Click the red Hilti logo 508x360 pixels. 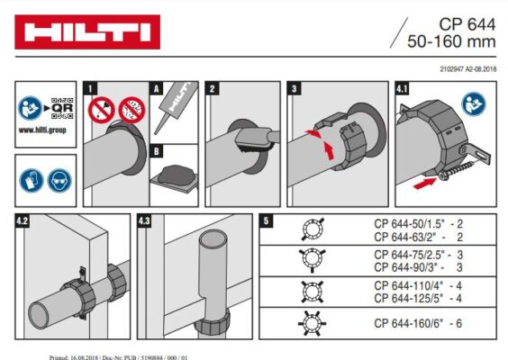(x=87, y=32)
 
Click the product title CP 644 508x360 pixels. (x=467, y=24)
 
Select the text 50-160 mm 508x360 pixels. (x=451, y=41)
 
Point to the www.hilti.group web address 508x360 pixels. (x=42, y=130)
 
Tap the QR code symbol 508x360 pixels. (x=62, y=108)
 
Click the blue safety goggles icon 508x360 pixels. (x=59, y=181)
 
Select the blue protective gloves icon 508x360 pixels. (x=32, y=181)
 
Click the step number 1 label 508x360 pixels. (x=90, y=88)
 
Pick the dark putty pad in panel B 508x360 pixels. (x=176, y=175)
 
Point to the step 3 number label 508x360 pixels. (x=295, y=88)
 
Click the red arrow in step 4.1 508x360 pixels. (x=425, y=184)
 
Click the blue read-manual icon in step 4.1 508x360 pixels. (x=474, y=104)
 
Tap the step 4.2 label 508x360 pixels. (x=23, y=221)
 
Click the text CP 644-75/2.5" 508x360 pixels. (x=410, y=255)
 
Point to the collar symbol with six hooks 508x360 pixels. (x=312, y=323)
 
